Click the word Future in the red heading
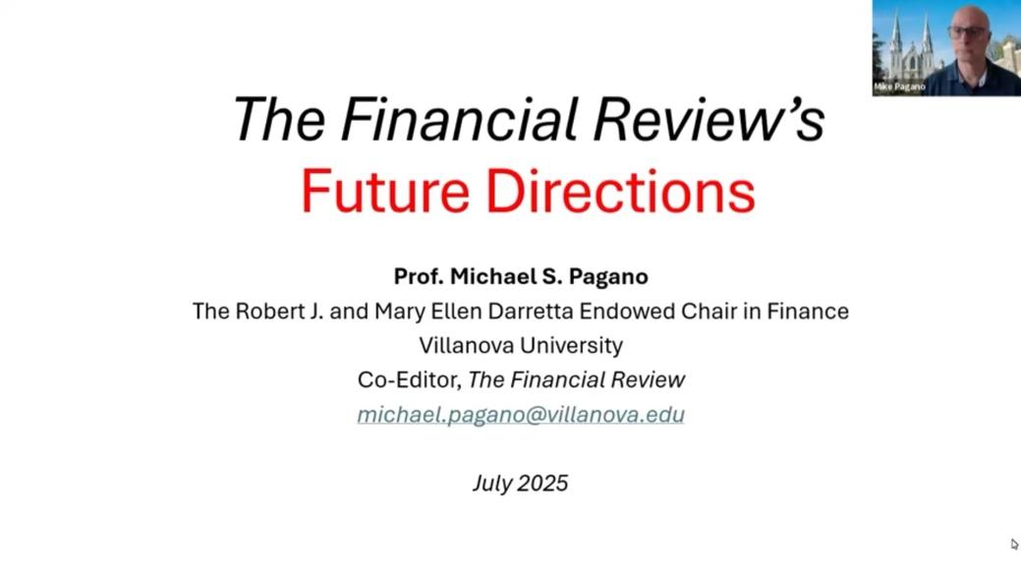click(385, 191)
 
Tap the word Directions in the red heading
click(620, 191)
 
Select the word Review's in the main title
click(709, 119)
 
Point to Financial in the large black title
click(459, 119)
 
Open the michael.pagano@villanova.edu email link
click(521, 415)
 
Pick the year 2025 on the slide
click(542, 484)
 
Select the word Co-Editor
click(410, 379)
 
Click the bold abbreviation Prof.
click(418, 277)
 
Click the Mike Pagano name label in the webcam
click(899, 86)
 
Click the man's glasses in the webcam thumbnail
click(966, 30)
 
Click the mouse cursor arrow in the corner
click(1014, 544)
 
